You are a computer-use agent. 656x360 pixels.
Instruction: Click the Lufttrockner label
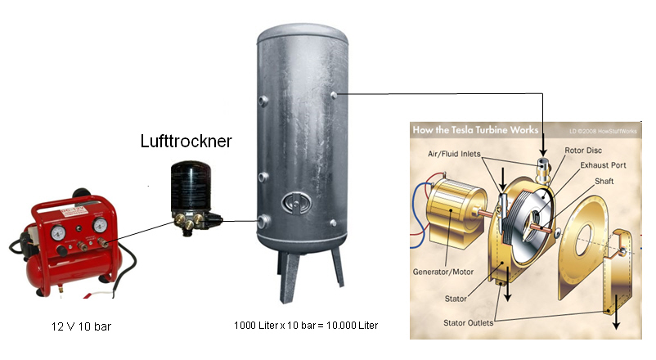coord(186,141)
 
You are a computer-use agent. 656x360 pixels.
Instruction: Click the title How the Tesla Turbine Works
coord(476,130)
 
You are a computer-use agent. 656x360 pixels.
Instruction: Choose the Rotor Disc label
coord(583,151)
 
